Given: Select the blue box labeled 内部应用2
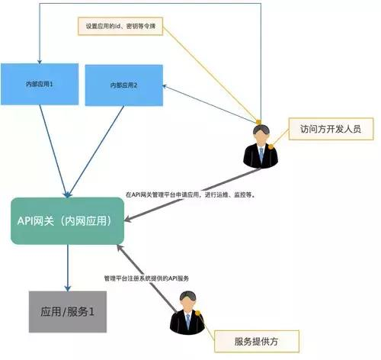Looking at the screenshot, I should click(x=123, y=85).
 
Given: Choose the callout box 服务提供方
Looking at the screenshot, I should click(x=255, y=338).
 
